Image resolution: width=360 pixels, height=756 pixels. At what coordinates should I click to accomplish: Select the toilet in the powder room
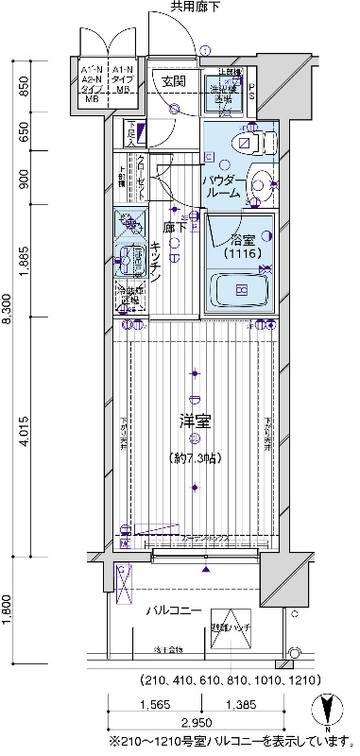pos(253,144)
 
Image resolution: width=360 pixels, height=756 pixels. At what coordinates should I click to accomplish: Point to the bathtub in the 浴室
pos(241,289)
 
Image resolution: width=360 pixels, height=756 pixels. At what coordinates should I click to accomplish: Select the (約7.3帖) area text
pos(196,458)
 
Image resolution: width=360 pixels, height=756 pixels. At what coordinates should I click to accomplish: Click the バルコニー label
pos(173,610)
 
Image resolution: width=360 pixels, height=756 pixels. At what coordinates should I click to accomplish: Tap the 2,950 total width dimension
pos(200,723)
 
